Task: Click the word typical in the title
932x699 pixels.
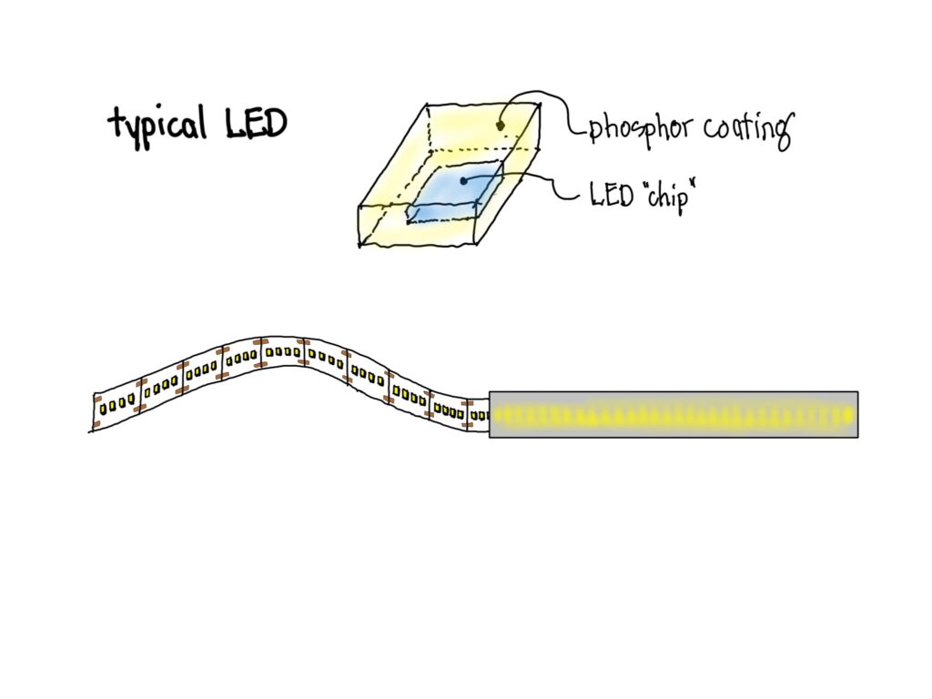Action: click(x=156, y=125)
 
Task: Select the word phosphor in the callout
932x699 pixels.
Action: click(x=640, y=128)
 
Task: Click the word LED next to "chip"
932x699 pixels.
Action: click(x=612, y=195)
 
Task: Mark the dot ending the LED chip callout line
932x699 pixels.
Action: click(x=463, y=181)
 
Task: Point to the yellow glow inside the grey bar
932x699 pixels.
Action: click(x=674, y=416)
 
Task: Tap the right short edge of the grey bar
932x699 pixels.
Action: click(x=857, y=414)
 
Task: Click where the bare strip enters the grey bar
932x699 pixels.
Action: click(x=489, y=415)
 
